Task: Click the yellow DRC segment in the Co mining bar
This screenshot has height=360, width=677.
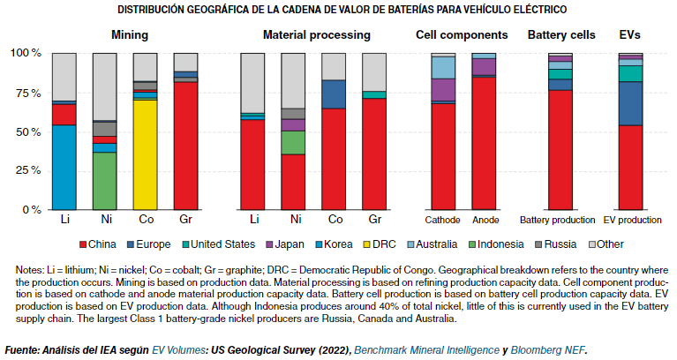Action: [x=145, y=154]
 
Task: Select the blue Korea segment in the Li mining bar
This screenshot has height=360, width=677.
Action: [x=64, y=168]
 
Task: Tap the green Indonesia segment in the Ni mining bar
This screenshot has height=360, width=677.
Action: [x=104, y=181]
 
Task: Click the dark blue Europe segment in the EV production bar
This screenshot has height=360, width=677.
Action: [x=629, y=102]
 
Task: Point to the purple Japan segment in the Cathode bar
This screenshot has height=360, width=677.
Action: [x=442, y=90]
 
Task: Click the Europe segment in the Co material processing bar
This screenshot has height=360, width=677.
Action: [x=333, y=94]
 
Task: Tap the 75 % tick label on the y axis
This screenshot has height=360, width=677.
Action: [x=29, y=92]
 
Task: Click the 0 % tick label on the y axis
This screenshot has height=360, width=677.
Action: [x=33, y=211]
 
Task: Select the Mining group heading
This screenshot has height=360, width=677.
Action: [x=129, y=35]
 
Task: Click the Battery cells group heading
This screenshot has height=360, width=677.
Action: [x=561, y=35]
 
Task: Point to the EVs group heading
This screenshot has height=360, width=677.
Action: [x=629, y=35]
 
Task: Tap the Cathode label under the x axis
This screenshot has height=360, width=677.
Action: [x=442, y=220]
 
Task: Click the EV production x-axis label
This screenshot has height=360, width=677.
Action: [x=631, y=220]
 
